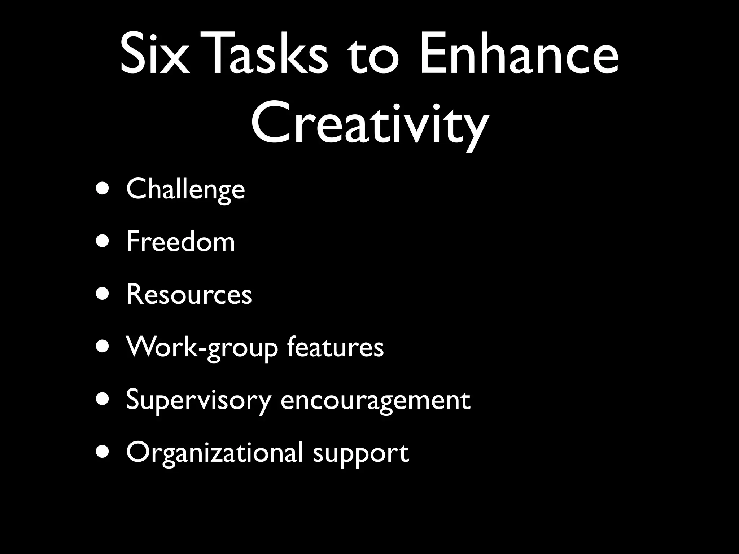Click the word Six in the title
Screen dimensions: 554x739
154,54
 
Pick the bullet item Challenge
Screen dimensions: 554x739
185,189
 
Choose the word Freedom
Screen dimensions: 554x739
180,241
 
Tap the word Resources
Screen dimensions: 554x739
189,294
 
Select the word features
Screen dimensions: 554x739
335,347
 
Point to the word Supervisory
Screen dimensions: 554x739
198,400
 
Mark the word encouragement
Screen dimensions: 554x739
375,400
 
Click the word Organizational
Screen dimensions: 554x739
214,453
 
